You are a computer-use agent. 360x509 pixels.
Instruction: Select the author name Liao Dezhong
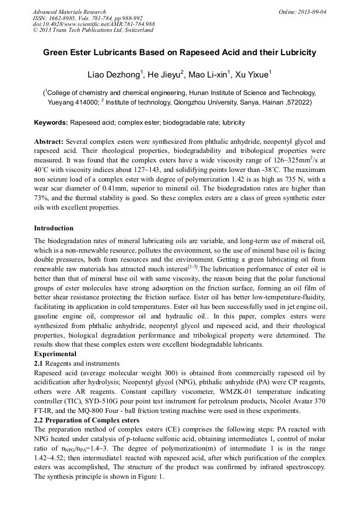(113, 74)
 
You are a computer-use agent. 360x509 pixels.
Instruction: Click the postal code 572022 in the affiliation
(298, 101)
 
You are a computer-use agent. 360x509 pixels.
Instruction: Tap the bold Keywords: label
(51, 123)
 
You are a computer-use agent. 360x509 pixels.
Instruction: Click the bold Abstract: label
(49, 142)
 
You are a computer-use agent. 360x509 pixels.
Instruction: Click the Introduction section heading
(54, 228)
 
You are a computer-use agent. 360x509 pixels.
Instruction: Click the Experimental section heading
(55, 354)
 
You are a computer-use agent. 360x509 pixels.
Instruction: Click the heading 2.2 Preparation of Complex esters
(87, 420)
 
